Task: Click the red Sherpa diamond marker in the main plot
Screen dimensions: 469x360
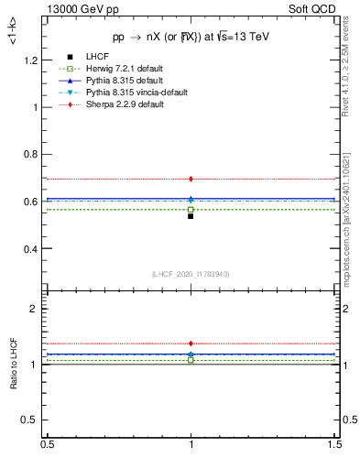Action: tap(191, 179)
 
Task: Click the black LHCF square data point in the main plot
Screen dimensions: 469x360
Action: tap(191, 216)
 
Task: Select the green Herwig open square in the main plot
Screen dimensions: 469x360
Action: tap(191, 210)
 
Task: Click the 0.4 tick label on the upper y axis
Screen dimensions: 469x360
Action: tap(32, 249)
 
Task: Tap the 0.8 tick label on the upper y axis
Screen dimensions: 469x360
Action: tap(32, 155)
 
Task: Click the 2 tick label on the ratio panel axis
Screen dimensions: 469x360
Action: tap(37, 310)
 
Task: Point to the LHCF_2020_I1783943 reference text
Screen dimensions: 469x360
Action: tap(190, 274)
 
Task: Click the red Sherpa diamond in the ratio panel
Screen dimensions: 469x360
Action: tap(191, 344)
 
